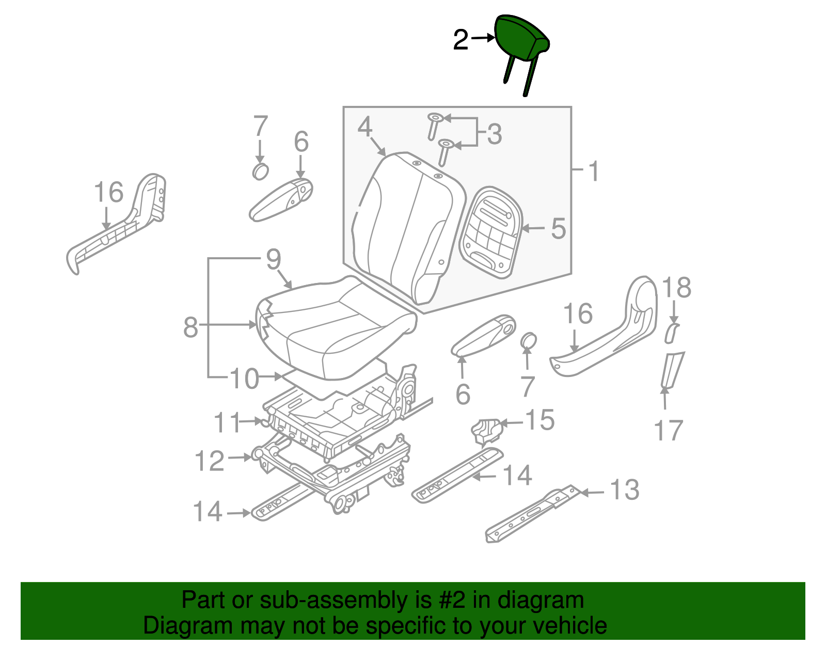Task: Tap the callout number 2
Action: (x=460, y=40)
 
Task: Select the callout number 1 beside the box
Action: (x=594, y=171)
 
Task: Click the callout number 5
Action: (x=559, y=229)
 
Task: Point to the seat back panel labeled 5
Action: (x=491, y=232)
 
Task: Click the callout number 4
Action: (x=365, y=127)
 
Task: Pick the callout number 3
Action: (x=495, y=134)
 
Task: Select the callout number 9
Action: (x=273, y=259)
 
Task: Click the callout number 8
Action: (x=191, y=327)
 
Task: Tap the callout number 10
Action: (x=244, y=379)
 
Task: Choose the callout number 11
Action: (x=227, y=422)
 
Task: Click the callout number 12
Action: (x=210, y=461)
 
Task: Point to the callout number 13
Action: (x=625, y=490)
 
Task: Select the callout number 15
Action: (x=540, y=420)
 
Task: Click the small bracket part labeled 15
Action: (x=486, y=431)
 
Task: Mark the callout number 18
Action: (x=677, y=287)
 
